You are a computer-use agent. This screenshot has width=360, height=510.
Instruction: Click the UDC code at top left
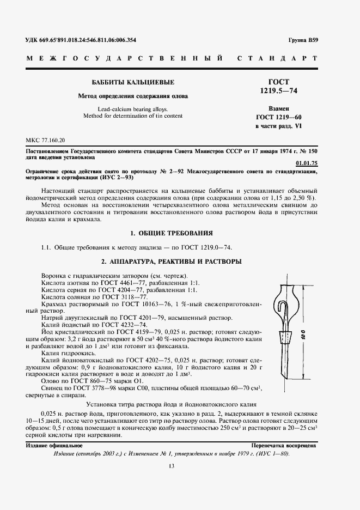(x=81, y=40)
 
